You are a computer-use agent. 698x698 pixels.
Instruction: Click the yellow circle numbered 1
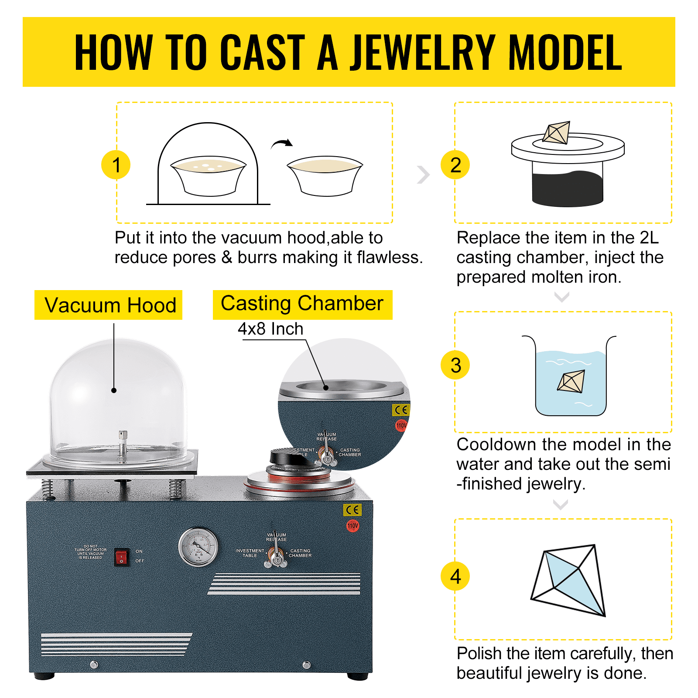point(116,165)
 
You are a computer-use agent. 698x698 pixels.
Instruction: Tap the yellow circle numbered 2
point(455,165)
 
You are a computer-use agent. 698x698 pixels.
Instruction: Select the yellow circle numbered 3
point(455,365)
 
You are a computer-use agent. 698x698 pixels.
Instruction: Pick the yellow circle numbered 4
point(455,576)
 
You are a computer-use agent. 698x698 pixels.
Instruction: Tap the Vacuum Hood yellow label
point(109,305)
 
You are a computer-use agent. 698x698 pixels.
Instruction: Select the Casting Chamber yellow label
point(302,304)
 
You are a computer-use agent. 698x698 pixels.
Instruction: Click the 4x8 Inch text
point(270,329)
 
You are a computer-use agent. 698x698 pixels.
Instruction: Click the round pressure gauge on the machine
point(198,547)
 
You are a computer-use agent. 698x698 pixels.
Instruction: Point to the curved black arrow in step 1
point(282,144)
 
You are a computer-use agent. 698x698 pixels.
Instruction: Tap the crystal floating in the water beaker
point(571,381)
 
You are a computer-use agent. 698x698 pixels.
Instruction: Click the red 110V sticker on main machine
point(353,526)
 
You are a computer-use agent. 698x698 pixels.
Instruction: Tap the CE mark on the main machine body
point(352,510)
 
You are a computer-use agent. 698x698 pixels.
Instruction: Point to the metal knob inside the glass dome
point(123,436)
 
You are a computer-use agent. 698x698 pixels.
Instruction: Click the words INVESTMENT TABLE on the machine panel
point(250,553)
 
